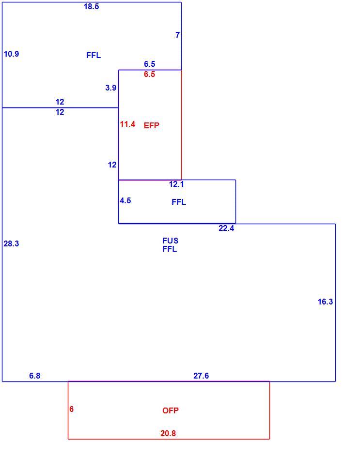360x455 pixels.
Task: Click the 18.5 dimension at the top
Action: click(x=91, y=6)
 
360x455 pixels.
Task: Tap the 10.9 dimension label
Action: click(x=11, y=54)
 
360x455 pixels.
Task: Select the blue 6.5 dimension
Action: click(x=149, y=64)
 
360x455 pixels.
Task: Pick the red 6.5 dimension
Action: click(x=149, y=74)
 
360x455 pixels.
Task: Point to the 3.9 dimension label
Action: click(x=110, y=88)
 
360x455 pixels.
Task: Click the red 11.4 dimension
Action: click(x=127, y=124)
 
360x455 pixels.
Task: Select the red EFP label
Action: click(x=151, y=125)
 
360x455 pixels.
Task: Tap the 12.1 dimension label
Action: click(x=176, y=184)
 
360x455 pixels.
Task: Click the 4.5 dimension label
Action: click(x=125, y=200)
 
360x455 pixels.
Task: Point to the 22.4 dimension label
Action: click(x=226, y=228)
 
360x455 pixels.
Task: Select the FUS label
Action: click(x=170, y=241)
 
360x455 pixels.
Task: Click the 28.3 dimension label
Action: click(x=11, y=244)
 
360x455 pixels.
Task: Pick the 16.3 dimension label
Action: click(x=325, y=302)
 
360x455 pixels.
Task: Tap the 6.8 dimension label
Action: click(x=34, y=376)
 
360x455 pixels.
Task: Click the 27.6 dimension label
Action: click(x=201, y=376)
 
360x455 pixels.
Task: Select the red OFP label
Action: click(x=171, y=410)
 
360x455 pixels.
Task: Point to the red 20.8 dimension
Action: click(x=168, y=433)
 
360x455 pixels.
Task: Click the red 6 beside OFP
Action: click(x=72, y=409)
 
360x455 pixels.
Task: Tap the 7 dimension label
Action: click(x=177, y=35)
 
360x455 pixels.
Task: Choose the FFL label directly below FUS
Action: click(x=170, y=249)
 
